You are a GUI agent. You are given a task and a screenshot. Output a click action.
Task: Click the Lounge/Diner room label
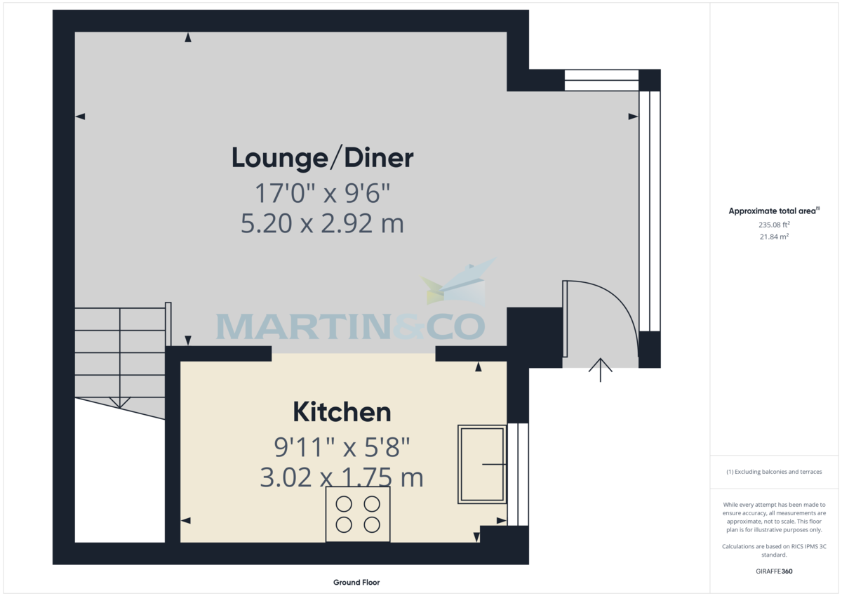[x=323, y=159]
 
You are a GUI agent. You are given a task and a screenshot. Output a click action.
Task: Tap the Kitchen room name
[x=342, y=412]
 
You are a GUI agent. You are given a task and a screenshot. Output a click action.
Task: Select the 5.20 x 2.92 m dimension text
[x=322, y=223]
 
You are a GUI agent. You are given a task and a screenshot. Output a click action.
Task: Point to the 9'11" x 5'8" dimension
[x=342, y=447]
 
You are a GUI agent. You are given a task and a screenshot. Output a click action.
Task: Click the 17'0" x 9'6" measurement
[x=323, y=193]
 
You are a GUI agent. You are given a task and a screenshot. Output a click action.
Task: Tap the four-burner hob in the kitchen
[x=358, y=515]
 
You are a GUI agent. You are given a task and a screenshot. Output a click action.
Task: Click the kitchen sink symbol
[x=482, y=465]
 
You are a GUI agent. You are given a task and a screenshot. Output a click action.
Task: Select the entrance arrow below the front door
[x=601, y=370]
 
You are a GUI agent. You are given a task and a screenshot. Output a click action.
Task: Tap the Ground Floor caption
[x=356, y=583]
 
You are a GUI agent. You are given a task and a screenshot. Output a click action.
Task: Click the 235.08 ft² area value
[x=774, y=225]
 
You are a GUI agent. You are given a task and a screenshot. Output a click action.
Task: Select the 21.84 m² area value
[x=774, y=237]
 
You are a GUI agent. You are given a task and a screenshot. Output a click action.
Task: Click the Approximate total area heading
[x=774, y=211]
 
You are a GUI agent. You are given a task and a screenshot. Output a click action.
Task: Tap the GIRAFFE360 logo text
[x=774, y=571]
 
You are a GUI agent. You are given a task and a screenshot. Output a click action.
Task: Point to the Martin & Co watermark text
[x=350, y=326]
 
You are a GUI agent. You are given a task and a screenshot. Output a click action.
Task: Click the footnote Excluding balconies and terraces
[x=774, y=472]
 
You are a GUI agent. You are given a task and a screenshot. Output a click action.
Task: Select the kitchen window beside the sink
[x=518, y=474]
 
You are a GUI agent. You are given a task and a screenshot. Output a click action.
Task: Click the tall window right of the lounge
[x=650, y=211]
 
